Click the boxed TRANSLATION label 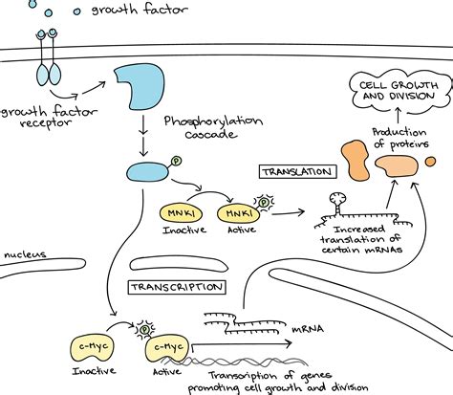click(x=296, y=172)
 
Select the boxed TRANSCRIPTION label click(x=176, y=286)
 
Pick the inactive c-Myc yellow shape click(x=87, y=346)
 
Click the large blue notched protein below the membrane click(x=140, y=88)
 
